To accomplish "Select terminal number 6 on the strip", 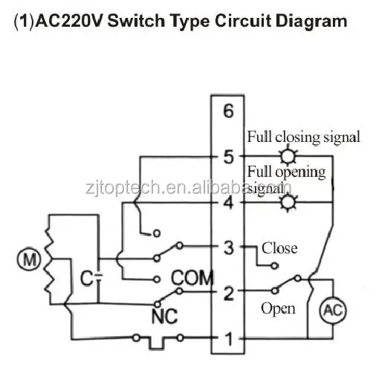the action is [x=228, y=111].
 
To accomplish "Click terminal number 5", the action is [x=228, y=156].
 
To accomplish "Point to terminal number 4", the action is [x=228, y=203].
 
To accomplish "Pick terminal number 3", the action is [x=229, y=247].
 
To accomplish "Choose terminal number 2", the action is [x=229, y=293].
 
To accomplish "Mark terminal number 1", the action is [x=229, y=338].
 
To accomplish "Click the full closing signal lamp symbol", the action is [x=288, y=156].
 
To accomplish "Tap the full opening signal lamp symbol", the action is [x=288, y=203].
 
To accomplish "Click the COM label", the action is [x=192, y=278].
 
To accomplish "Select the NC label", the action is [x=164, y=316].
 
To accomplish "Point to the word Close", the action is [x=279, y=248].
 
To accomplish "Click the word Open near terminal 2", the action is [x=278, y=309].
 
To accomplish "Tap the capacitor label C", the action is [x=85, y=278].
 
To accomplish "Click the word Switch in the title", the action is [x=136, y=21].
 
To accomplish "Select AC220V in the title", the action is [x=70, y=21].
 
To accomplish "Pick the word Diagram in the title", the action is [x=311, y=22].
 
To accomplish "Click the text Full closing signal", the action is [x=304, y=137].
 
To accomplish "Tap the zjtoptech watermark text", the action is [x=189, y=187].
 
